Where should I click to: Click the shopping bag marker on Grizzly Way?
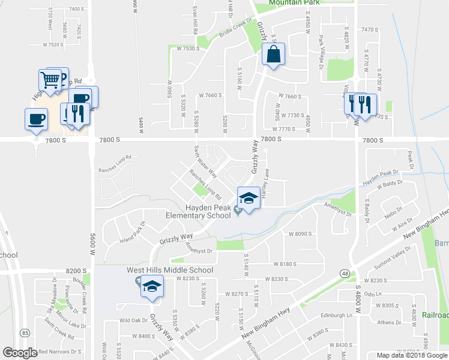tap(274, 54)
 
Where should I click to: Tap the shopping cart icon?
tap(50, 79)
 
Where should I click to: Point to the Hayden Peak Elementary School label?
tap(199, 211)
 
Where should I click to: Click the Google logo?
tap(20, 353)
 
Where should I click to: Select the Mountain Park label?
tap(293, 3)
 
